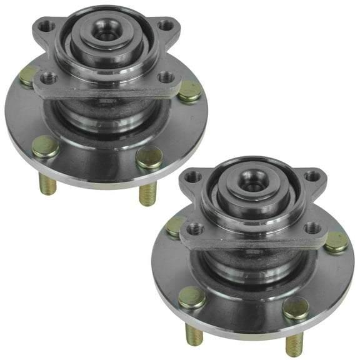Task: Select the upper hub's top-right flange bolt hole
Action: tap(166, 26)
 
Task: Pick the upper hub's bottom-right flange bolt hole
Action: tap(166, 77)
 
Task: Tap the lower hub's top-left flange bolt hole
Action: tap(192, 177)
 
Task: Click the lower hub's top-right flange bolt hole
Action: tap(311, 176)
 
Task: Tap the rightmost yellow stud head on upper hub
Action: tap(190, 92)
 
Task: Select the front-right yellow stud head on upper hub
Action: tap(149, 158)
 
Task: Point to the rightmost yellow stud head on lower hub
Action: tap(336, 242)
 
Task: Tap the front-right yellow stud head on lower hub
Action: tap(295, 308)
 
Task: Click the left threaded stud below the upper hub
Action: tap(48, 183)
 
